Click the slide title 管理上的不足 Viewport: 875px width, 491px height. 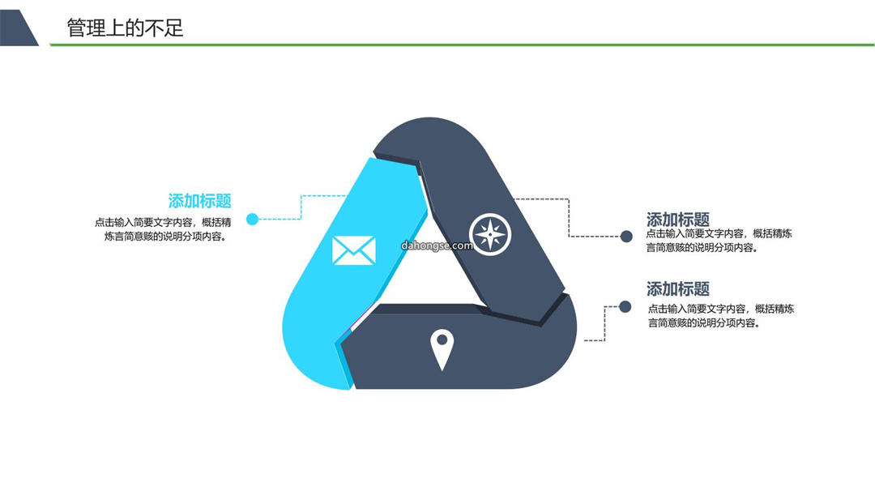125,28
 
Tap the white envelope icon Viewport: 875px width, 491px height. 354,250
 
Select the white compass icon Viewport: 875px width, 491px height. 490,234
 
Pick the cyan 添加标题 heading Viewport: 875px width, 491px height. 200,201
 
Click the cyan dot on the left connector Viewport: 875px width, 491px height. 252,219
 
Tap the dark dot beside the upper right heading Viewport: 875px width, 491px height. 626,237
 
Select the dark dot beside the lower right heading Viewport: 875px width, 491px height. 625,306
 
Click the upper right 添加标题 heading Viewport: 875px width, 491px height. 678,220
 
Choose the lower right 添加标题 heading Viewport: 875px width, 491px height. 678,289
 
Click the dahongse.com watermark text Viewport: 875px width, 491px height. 437,245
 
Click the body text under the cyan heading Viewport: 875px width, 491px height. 162,229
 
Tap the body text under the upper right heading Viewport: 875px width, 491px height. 719,241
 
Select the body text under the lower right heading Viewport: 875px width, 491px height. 720,316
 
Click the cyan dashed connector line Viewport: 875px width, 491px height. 301,207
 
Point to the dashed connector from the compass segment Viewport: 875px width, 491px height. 569,218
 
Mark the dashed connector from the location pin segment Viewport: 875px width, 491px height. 605,323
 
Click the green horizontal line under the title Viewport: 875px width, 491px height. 462,45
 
